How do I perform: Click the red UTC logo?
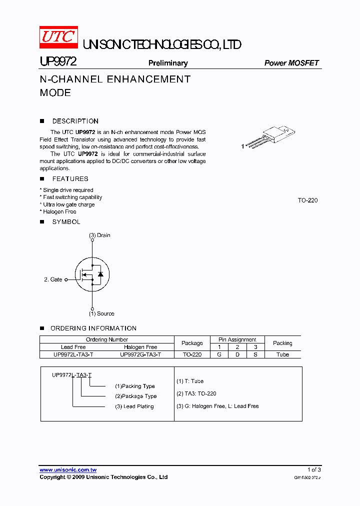click(x=59, y=37)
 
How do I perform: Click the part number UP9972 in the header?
click(x=58, y=62)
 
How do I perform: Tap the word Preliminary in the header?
click(x=168, y=63)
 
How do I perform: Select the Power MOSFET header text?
click(x=291, y=63)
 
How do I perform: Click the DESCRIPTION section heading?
click(x=75, y=121)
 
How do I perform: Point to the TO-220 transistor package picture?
click(x=269, y=136)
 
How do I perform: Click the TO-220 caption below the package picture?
click(x=307, y=200)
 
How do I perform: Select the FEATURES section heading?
click(x=70, y=178)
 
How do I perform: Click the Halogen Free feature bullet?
click(x=59, y=212)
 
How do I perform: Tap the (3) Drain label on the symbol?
click(x=99, y=235)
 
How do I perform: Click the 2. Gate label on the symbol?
click(x=53, y=279)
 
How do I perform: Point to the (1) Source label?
click(x=101, y=313)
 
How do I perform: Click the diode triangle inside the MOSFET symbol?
click(x=100, y=274)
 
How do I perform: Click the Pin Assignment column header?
click(x=237, y=339)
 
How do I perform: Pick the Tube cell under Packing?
click(x=282, y=354)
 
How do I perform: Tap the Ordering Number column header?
click(x=107, y=339)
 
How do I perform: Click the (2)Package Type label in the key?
click(x=135, y=396)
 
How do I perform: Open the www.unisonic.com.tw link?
click(x=68, y=469)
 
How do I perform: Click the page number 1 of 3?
click(x=314, y=469)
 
